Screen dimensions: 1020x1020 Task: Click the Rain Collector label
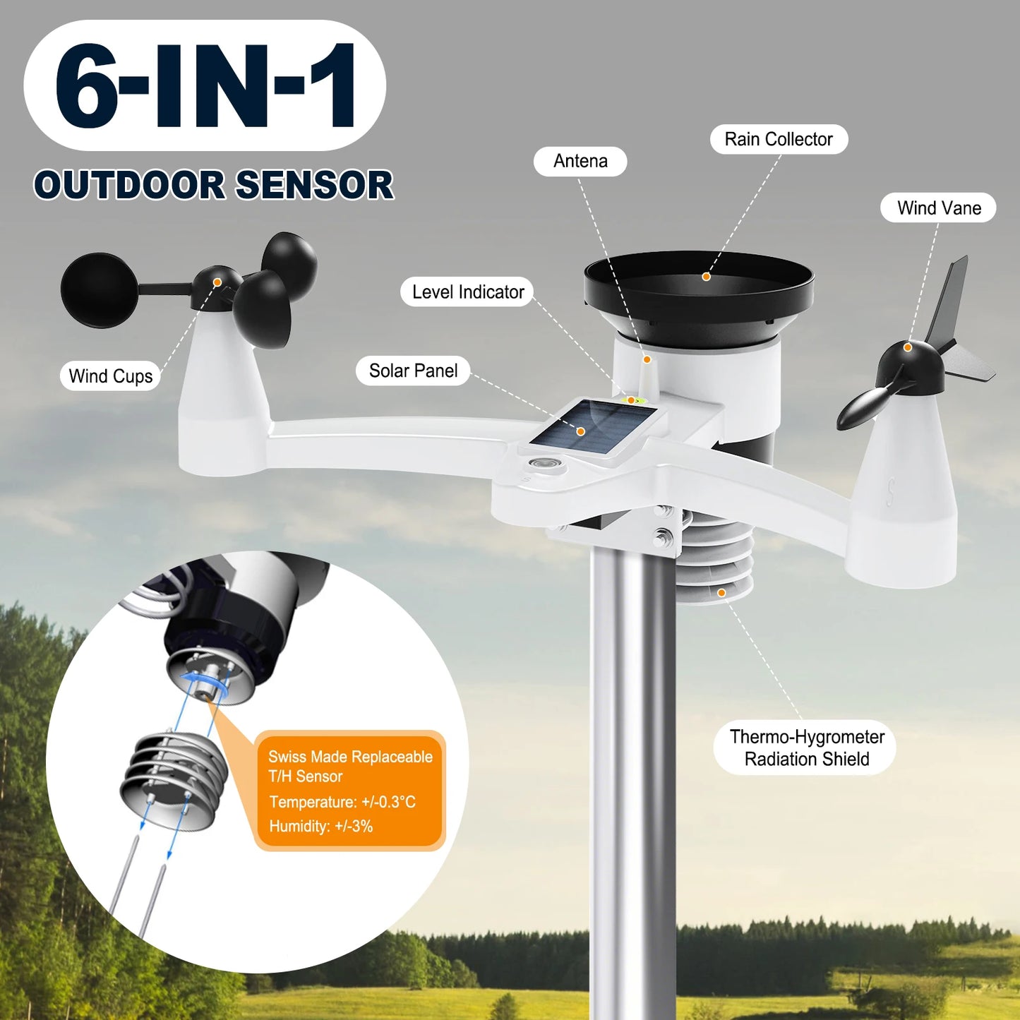tap(778, 139)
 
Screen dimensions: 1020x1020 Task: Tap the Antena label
tap(580, 161)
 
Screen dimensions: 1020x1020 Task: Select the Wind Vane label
tap(938, 208)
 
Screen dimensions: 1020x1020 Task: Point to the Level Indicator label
tap(467, 292)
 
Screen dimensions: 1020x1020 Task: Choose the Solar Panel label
tap(413, 371)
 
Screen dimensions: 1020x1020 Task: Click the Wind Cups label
tap(110, 376)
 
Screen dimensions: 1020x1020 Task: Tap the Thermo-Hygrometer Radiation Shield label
tap(806, 748)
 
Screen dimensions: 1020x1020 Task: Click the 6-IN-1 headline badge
tap(205, 85)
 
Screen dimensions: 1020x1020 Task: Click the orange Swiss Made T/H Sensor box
tap(350, 791)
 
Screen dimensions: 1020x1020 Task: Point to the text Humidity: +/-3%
tap(320, 826)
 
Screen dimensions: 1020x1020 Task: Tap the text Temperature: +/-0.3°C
tap(342, 802)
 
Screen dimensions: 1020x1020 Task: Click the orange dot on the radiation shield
tap(721, 593)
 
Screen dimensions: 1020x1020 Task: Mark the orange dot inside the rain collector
tap(706, 277)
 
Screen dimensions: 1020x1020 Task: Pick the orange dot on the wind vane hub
tap(908, 347)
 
